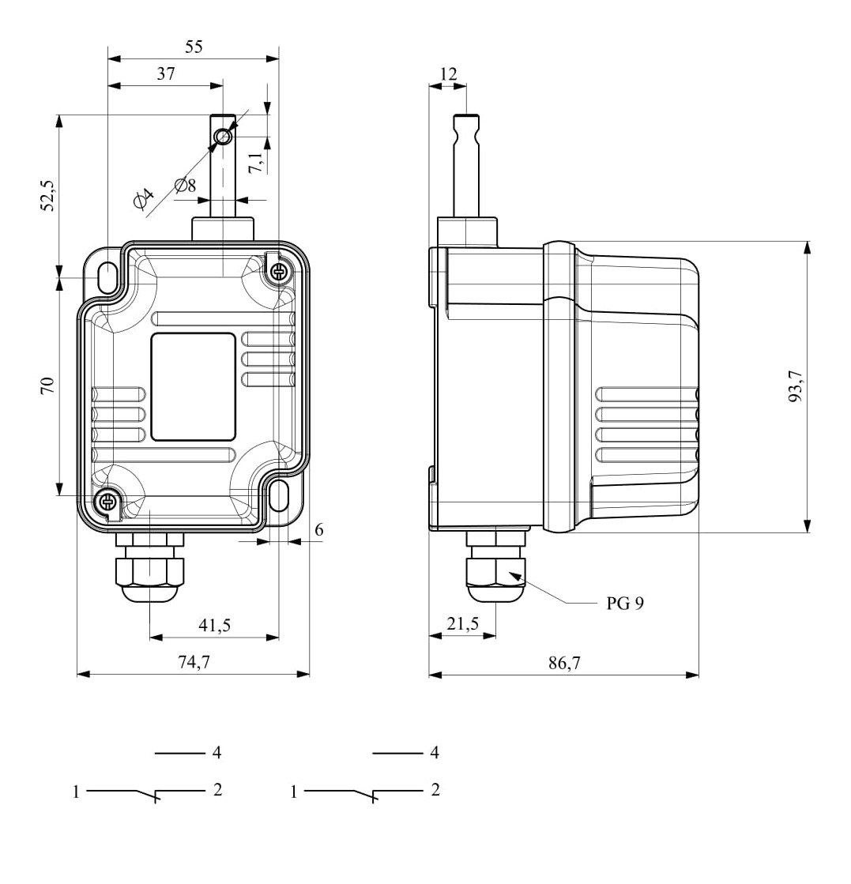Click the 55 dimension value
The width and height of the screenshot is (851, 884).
tap(194, 47)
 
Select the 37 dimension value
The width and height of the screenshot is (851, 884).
tap(166, 73)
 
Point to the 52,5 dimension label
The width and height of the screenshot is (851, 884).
tap(48, 196)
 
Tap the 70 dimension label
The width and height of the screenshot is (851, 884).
tap(47, 386)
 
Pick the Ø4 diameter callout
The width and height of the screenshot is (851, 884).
tap(144, 198)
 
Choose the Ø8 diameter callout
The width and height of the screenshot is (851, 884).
tap(186, 186)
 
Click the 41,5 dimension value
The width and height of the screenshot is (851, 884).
tap(214, 625)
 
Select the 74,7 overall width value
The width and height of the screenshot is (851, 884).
tap(194, 661)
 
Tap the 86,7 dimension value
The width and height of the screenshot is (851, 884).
tap(564, 663)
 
